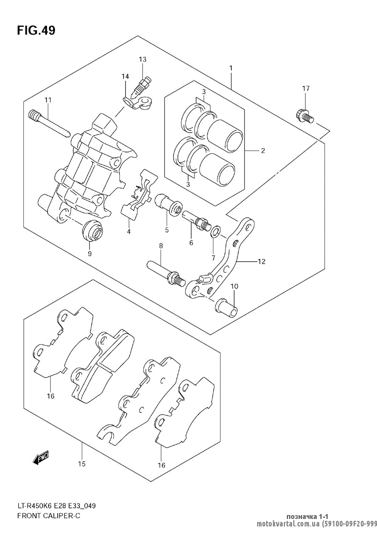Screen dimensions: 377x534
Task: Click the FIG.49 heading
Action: point(36,31)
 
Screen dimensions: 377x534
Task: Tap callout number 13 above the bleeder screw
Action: point(143,59)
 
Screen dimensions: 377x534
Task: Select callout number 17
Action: point(306,89)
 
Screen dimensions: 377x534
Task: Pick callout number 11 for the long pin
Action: point(48,100)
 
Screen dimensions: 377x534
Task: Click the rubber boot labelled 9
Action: point(92,230)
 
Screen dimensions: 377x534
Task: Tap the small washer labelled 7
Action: point(216,231)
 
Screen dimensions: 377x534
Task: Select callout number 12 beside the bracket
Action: point(261,261)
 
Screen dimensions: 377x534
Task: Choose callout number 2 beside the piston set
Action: point(263,151)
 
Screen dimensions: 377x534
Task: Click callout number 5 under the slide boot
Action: point(167,230)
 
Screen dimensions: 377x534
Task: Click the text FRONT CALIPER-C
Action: point(49,516)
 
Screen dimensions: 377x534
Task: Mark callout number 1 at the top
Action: point(231,68)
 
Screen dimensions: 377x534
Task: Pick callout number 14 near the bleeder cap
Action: point(125,77)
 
